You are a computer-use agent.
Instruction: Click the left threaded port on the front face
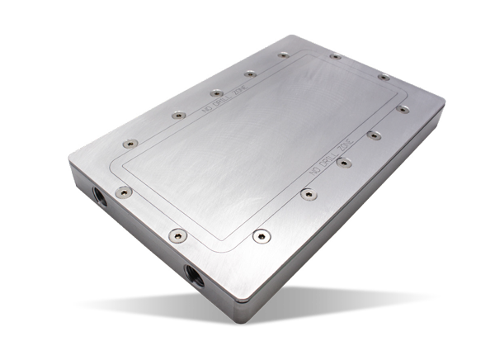[x=99, y=199]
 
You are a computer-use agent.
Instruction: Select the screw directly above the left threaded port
[x=124, y=192]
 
